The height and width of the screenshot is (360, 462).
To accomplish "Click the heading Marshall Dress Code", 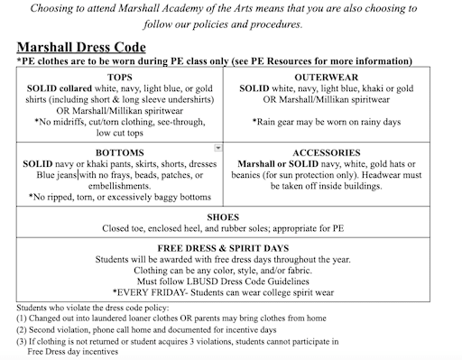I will pyautogui.click(x=79, y=46).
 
